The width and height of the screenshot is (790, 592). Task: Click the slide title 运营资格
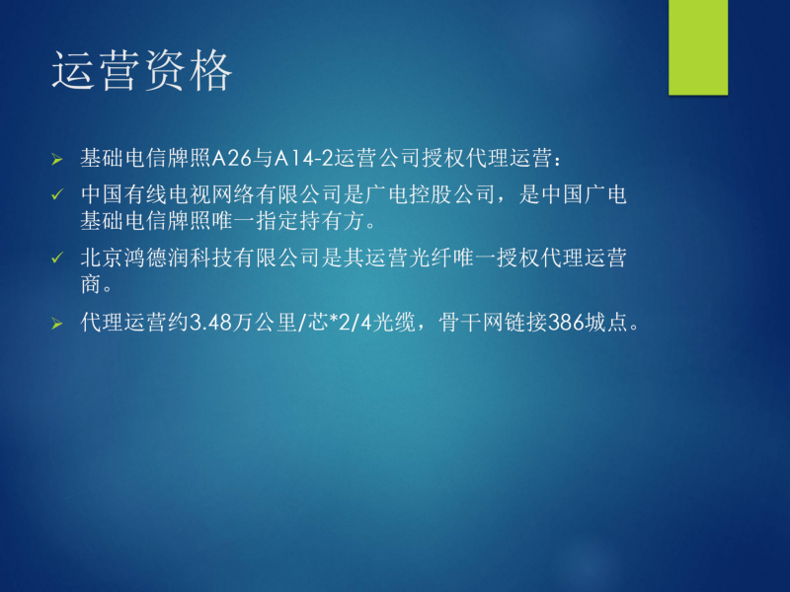click(141, 70)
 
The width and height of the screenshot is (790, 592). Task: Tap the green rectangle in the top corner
click(698, 47)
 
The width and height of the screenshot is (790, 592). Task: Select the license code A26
click(231, 159)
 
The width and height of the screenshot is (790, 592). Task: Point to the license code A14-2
click(303, 159)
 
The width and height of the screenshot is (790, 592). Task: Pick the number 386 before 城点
click(566, 323)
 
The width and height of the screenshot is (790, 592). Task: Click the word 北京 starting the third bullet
click(103, 259)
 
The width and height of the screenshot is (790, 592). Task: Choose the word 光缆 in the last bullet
click(394, 323)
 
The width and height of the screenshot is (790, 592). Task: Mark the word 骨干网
click(471, 323)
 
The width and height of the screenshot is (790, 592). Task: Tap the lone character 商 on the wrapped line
click(91, 284)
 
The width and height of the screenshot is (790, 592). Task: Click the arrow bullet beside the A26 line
click(57, 160)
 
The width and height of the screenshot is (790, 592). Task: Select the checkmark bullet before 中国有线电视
click(57, 194)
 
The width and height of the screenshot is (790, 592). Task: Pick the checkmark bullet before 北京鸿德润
click(57, 259)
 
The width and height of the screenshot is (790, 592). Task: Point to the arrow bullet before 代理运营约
click(57, 324)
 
